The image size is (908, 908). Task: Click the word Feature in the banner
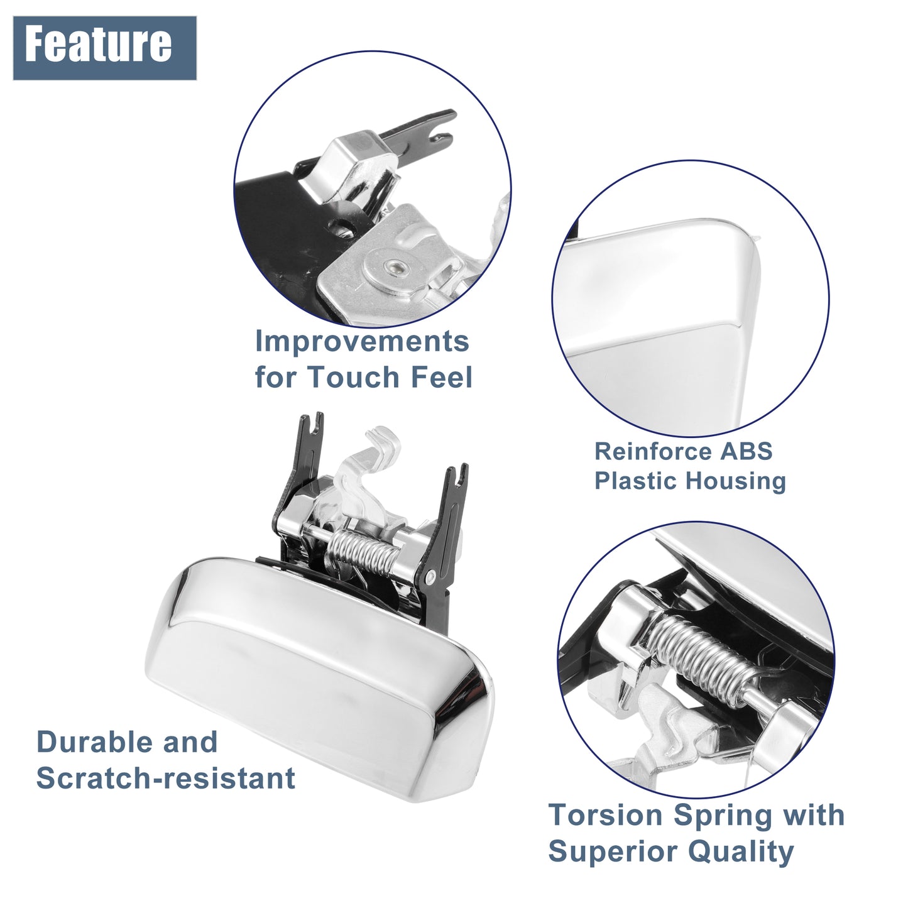[98, 44]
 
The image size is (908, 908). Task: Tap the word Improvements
[362, 341]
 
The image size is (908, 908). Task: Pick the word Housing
[735, 481]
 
